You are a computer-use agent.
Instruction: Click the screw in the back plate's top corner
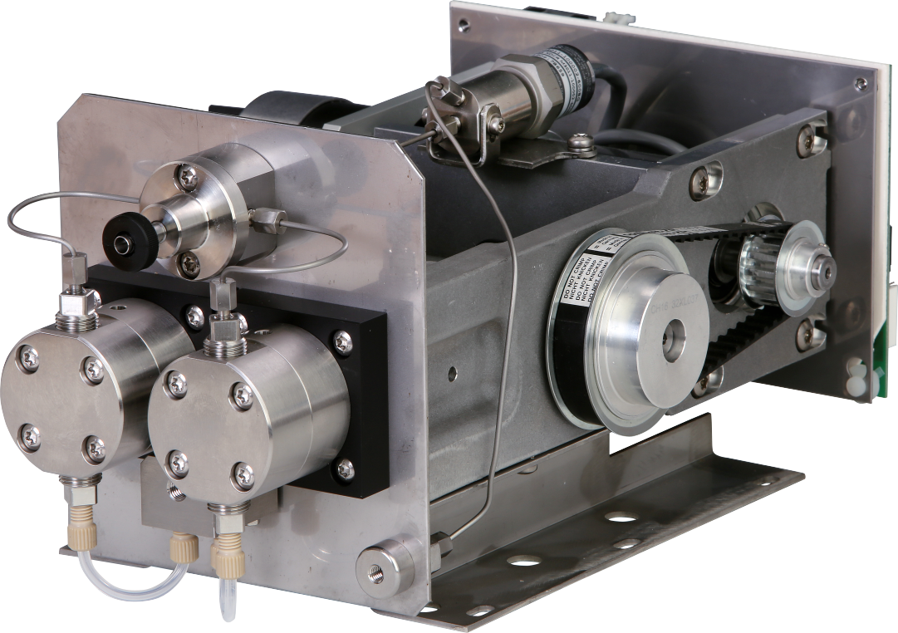click(860, 84)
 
